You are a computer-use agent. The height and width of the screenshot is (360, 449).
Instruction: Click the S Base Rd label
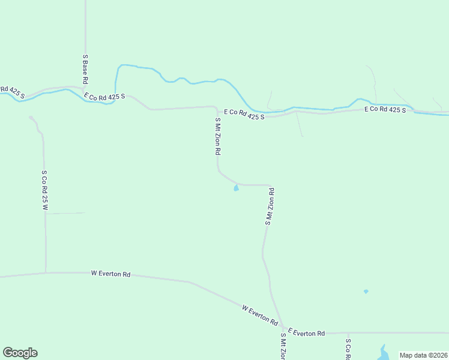(x=86, y=69)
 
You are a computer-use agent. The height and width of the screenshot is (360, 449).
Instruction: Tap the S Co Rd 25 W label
(x=44, y=190)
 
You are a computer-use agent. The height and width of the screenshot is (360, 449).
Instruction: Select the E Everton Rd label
(x=306, y=332)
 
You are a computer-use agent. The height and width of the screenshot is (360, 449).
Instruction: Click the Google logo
(x=20, y=353)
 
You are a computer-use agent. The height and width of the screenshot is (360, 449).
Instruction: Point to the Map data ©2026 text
(x=423, y=355)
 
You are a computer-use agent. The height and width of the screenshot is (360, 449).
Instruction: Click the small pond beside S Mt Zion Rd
(x=236, y=189)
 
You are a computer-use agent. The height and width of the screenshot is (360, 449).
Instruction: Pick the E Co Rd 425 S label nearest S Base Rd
(x=104, y=96)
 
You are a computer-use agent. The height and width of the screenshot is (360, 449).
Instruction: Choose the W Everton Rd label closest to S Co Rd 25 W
(x=110, y=274)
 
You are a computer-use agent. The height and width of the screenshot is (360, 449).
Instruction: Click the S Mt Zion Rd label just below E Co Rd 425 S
(x=218, y=137)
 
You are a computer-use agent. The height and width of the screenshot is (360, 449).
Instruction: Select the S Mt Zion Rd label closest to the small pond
(x=270, y=207)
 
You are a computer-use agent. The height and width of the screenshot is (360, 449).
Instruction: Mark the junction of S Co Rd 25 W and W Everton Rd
(x=46, y=272)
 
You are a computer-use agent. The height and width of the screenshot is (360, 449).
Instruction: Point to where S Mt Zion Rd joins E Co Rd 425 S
(x=216, y=107)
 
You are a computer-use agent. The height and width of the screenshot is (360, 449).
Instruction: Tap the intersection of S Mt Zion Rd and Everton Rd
(x=283, y=329)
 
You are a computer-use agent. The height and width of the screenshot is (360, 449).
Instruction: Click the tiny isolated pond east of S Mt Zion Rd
(x=366, y=292)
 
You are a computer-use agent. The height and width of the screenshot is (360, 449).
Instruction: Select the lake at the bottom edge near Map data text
(x=382, y=353)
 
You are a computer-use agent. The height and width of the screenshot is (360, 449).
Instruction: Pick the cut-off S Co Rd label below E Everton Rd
(x=348, y=349)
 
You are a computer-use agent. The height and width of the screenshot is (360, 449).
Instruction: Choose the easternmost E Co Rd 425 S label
(x=385, y=110)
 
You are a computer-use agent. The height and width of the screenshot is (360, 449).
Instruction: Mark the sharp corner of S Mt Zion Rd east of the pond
(x=271, y=185)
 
